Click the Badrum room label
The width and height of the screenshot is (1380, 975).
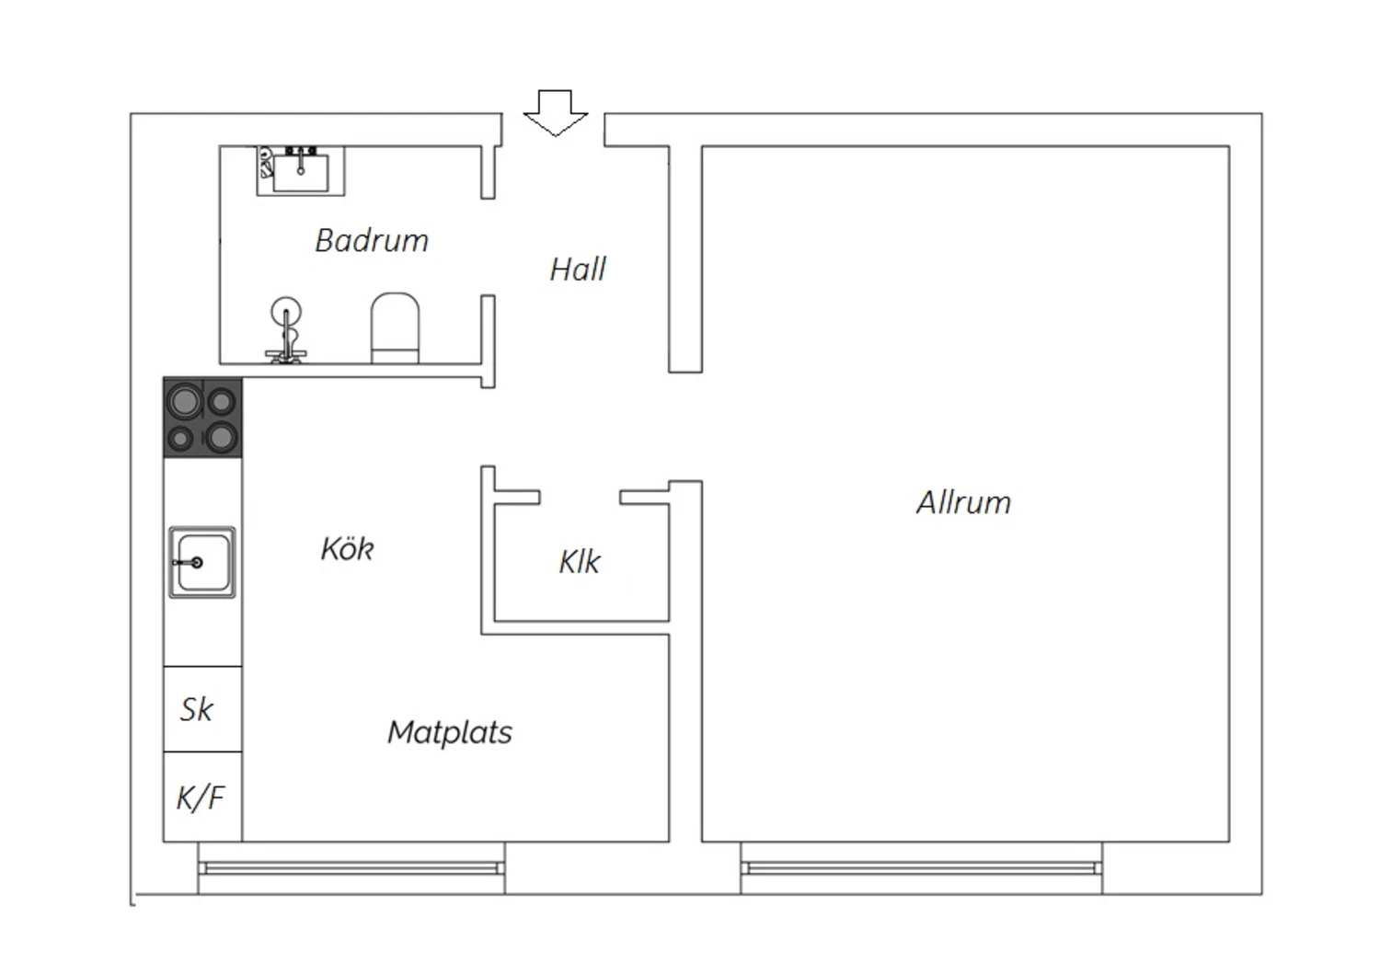coord(372,240)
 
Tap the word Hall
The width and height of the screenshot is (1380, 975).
coord(578,270)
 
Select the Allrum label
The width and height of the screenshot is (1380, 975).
coord(963,502)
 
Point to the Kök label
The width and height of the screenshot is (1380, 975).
coord(347,548)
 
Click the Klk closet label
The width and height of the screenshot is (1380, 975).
coord(579,561)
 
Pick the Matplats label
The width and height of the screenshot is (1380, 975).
coord(450,732)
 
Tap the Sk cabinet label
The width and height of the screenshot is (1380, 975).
coord(197,709)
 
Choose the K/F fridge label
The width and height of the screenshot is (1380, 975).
coord(201,797)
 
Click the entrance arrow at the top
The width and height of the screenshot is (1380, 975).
coord(555,113)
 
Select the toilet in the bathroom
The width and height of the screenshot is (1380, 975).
coord(395,327)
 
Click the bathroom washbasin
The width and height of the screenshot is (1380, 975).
coord(301,170)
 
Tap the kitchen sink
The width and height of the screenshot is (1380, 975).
coord(202,562)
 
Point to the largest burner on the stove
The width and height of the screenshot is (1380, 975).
coord(185,402)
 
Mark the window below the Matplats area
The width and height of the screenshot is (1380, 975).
coord(351,867)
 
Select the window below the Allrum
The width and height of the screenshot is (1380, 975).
coord(922,867)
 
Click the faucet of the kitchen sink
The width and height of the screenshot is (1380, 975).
coord(189,562)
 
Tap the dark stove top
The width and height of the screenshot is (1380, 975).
coord(202,418)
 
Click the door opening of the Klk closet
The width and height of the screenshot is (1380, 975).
coord(580,497)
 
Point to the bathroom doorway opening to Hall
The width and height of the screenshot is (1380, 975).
coord(488,247)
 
